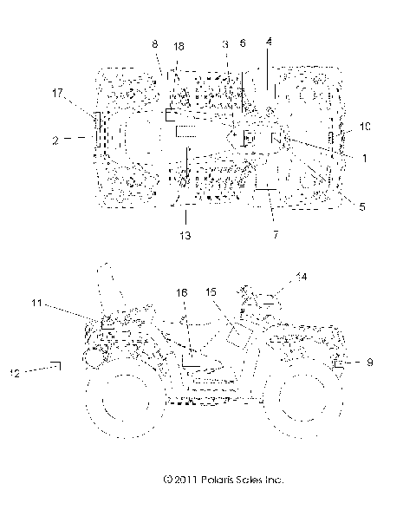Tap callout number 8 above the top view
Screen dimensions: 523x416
(154, 42)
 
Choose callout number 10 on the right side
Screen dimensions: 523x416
(365, 127)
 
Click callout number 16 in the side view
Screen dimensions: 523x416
(183, 294)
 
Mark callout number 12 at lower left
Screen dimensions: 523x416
(15, 374)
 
